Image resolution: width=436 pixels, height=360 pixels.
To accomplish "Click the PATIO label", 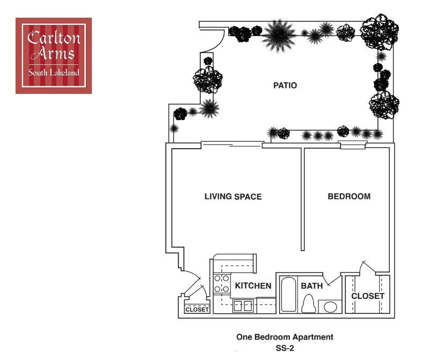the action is (285, 85).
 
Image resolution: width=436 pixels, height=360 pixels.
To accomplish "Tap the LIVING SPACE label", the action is (233, 197).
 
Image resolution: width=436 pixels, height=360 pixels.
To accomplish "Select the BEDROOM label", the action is (349, 197).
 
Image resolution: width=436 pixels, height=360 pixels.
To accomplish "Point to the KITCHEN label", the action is (253, 286).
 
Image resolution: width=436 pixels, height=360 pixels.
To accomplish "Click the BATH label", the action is (311, 286).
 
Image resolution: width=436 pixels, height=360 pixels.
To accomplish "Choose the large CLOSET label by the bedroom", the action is (368, 296).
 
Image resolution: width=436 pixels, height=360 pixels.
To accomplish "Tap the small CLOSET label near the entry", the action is (197, 310).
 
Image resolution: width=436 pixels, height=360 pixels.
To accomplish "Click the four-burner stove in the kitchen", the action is (221, 284).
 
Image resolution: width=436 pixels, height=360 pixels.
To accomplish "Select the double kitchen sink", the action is (242, 306).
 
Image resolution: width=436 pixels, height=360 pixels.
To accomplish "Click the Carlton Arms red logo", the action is (54, 56).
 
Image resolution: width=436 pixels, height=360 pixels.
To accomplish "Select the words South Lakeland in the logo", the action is (54, 72).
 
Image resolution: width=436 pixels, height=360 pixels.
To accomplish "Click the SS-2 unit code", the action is (285, 348).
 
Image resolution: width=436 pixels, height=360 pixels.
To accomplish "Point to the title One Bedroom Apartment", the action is (285, 337).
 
